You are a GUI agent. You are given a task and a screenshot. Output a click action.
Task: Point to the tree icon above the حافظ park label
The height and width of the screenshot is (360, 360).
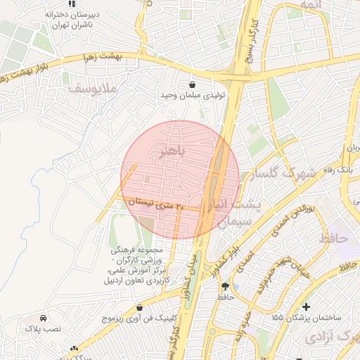pos(225,287)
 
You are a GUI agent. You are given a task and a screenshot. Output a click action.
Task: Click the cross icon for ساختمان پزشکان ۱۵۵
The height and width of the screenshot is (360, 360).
pos(306,307)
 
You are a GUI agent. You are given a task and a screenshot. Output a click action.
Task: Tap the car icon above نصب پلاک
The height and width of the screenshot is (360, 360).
pos(44,318)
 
